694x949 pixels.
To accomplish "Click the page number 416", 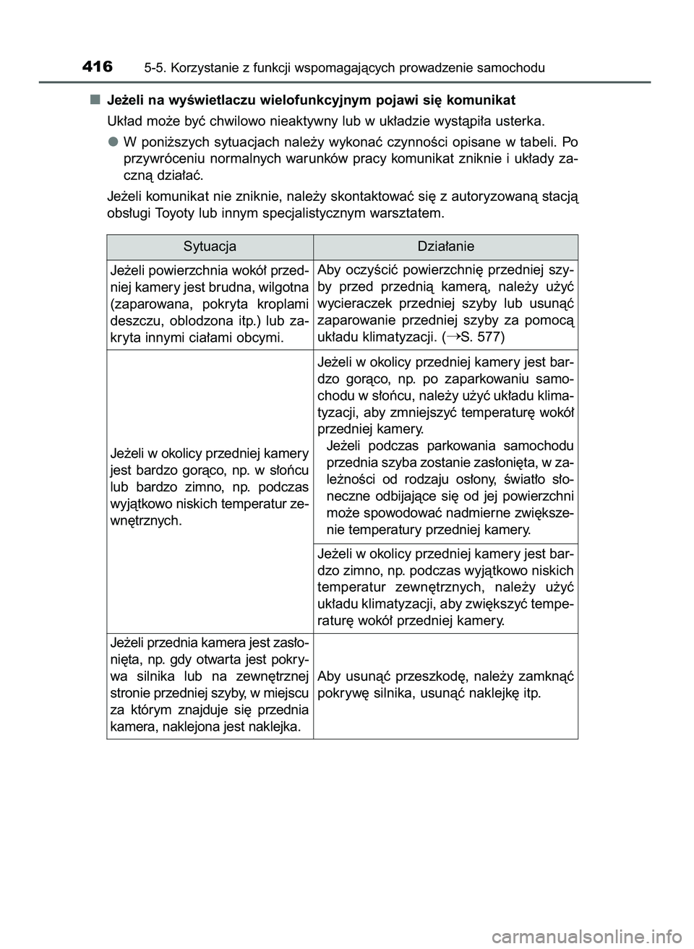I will click(x=98, y=67).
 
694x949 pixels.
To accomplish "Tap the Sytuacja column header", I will click(x=210, y=246).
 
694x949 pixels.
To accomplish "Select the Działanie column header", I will click(x=446, y=246).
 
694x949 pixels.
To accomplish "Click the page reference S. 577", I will click(x=482, y=337).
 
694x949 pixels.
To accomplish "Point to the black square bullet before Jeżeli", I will click(x=94, y=99).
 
